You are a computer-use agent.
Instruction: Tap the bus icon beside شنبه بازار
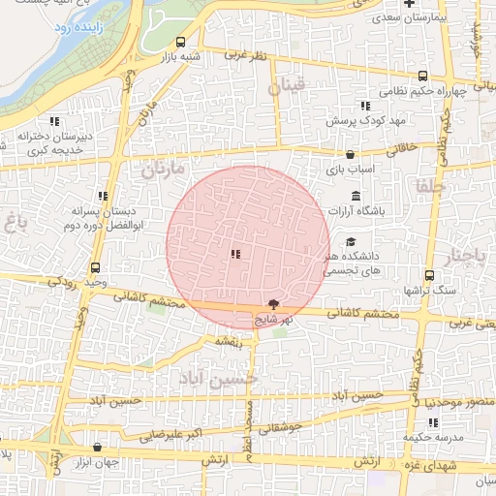pos(181,42)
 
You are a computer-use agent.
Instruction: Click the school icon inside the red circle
pos(235,255)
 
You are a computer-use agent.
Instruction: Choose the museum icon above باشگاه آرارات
pos(356,197)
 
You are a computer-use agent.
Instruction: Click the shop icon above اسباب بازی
pos(350,154)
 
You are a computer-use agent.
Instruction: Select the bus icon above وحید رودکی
pos(95,267)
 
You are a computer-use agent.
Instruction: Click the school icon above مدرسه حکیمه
pos(432,422)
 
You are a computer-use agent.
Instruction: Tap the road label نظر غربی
pos(245,55)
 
